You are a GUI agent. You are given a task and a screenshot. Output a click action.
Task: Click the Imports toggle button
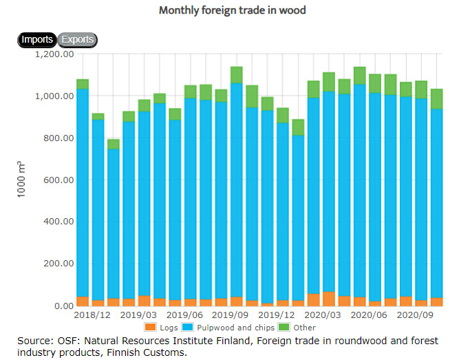[x=37, y=40]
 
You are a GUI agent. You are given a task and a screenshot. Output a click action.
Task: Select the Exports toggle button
[x=78, y=40]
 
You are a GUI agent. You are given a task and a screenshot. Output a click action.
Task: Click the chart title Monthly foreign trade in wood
[x=232, y=10]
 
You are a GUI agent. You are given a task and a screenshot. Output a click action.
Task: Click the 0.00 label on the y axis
[x=63, y=306]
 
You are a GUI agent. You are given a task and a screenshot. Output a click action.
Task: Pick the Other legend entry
[x=299, y=328]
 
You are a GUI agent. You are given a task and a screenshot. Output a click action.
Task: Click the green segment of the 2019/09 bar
[x=237, y=75]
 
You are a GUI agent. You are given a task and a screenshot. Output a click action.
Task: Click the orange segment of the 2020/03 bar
[x=328, y=299]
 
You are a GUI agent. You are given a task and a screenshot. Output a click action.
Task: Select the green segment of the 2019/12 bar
[x=283, y=115]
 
